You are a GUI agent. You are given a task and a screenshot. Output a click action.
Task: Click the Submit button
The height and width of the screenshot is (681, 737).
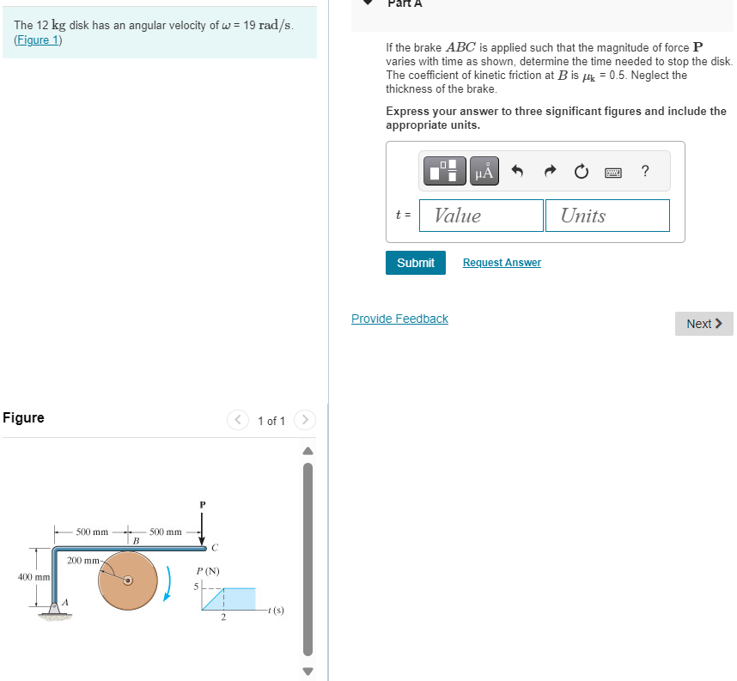coord(416,263)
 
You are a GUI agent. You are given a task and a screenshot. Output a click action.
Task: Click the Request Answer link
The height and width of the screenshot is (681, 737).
coord(502,263)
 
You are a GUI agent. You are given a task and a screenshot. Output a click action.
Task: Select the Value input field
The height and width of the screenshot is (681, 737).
coord(481,216)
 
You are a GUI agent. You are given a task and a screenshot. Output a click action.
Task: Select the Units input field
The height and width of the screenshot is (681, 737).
coord(606,216)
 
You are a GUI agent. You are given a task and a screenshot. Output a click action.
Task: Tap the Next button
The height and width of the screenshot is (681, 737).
coord(703,324)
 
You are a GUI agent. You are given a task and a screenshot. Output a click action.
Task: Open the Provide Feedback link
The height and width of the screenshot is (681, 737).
coord(399,319)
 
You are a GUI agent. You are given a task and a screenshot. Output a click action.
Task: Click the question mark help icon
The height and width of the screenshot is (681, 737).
coord(645,171)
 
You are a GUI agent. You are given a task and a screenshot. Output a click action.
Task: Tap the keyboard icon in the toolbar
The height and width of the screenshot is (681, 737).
coord(613,172)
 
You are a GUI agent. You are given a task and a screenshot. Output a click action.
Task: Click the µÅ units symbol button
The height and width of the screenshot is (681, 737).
coord(484,172)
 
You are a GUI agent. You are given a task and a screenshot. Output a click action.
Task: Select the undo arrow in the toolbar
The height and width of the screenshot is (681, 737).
coord(517,172)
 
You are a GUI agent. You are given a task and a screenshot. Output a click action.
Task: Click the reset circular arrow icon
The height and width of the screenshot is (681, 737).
coord(582,172)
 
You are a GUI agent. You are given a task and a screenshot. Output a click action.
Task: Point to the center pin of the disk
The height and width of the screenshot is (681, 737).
coord(127,581)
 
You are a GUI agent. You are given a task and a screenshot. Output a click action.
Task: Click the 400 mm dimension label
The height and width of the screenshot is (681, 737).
coord(33,576)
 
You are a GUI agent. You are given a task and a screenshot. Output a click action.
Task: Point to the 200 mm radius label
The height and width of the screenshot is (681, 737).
coord(84,561)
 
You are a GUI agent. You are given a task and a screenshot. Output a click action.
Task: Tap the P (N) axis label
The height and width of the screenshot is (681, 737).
coord(207,571)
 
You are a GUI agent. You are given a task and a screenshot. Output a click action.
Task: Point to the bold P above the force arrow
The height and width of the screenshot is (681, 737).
coord(203,504)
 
